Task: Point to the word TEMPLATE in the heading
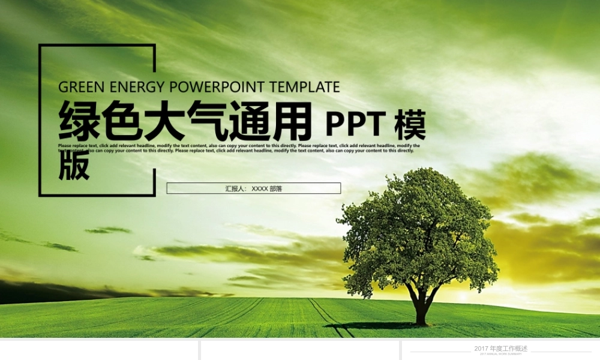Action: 305,87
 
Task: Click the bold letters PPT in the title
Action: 355,125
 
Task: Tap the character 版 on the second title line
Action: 74,164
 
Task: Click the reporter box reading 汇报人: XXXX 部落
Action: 253,188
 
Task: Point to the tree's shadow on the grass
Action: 372,326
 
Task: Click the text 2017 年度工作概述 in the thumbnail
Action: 500,349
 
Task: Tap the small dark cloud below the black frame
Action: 108,230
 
